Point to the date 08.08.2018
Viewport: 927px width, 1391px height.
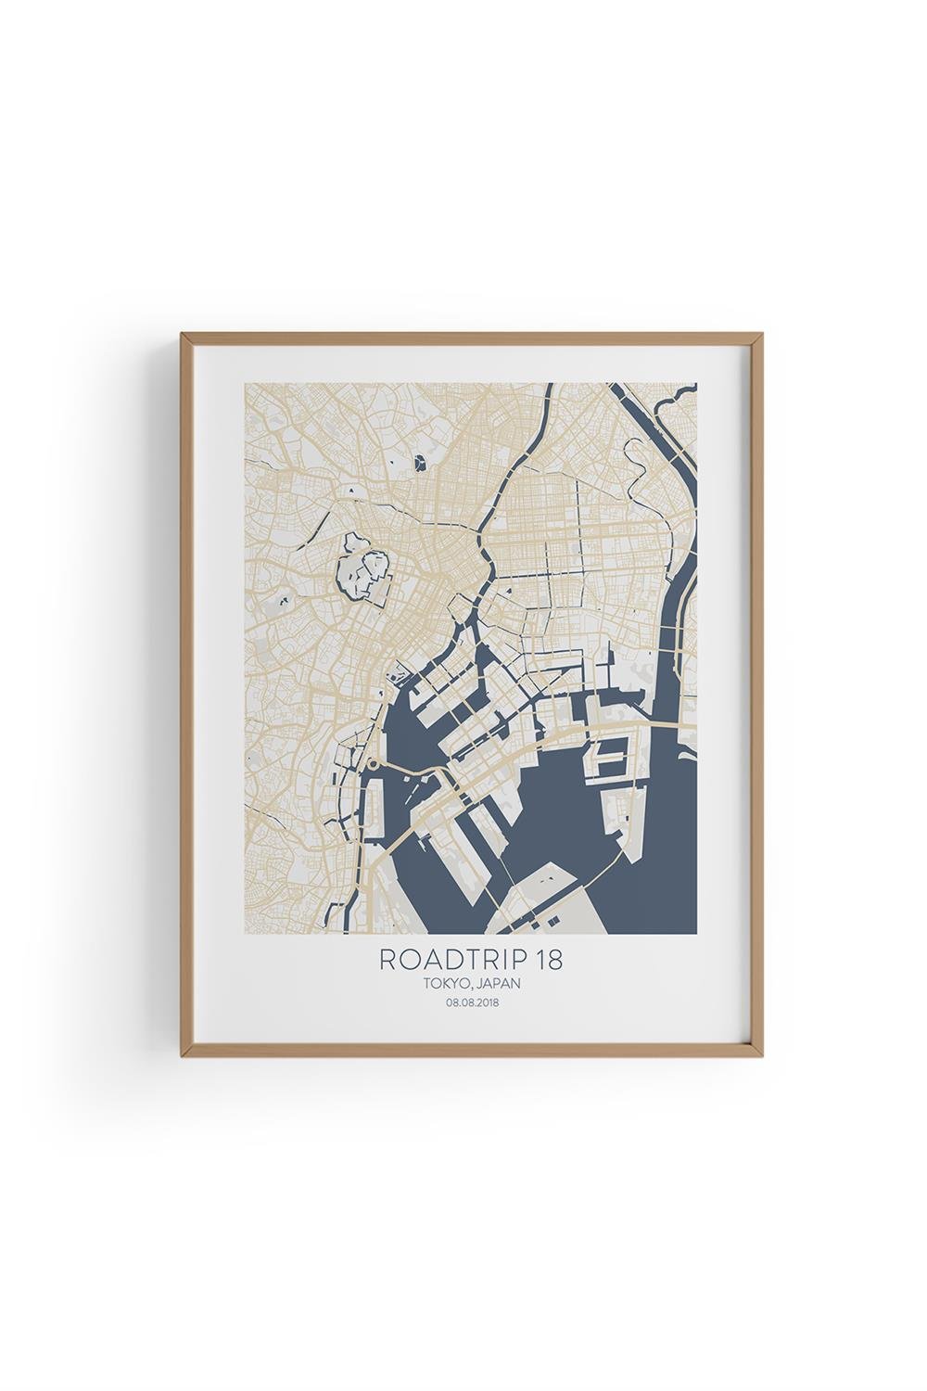471,1002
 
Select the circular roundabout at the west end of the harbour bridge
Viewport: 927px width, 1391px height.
373,765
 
